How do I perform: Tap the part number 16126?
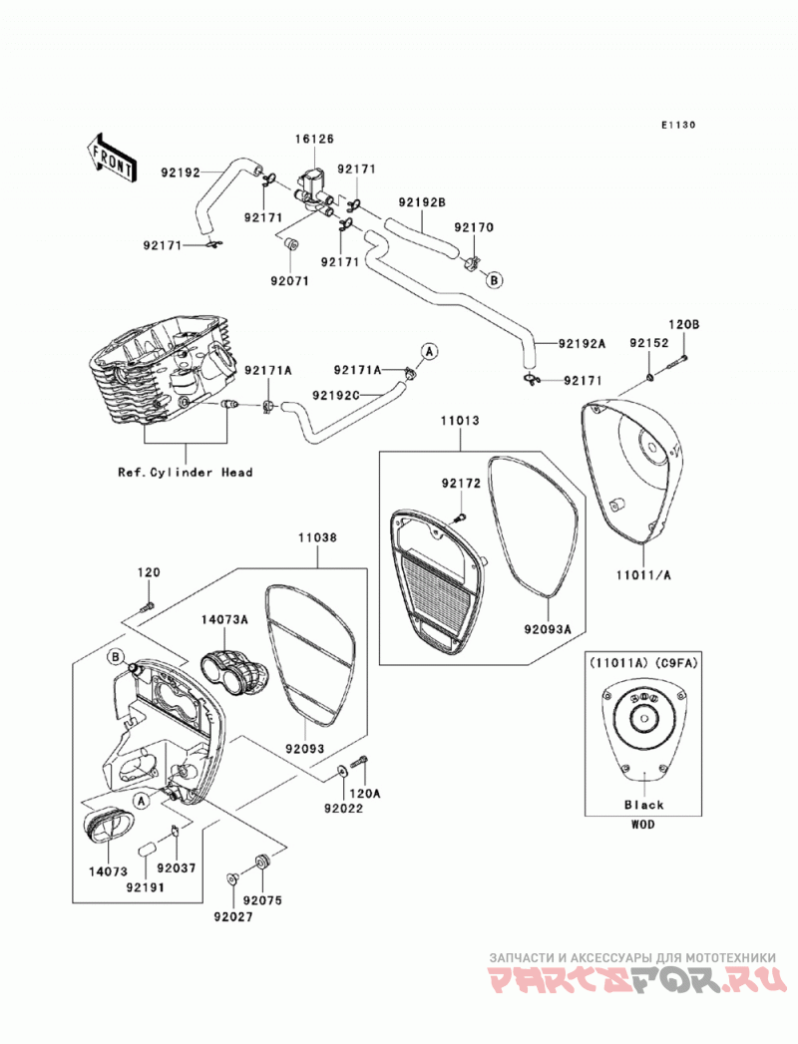click(315, 140)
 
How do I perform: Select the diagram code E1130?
click(678, 125)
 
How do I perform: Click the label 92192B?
click(422, 201)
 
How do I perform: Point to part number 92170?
click(474, 227)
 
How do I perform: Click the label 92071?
click(289, 281)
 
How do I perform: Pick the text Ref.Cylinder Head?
click(186, 472)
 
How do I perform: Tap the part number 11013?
click(460, 421)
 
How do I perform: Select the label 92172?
click(460, 484)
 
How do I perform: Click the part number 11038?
click(317, 537)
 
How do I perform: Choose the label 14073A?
click(224, 619)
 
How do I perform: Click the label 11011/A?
click(644, 575)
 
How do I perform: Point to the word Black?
click(644, 805)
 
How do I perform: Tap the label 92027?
click(233, 916)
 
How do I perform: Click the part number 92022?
click(344, 809)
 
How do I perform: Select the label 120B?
click(684, 325)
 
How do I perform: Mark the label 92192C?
click(336, 395)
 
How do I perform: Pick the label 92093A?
click(548, 629)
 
